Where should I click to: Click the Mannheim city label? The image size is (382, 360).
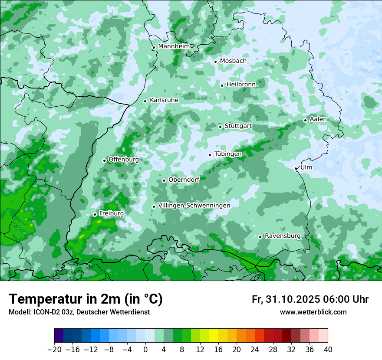click(173, 46)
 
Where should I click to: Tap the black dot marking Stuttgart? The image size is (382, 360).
click(220, 127)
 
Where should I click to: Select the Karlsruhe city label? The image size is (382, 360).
click(164, 100)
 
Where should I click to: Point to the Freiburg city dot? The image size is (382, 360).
click(95, 214)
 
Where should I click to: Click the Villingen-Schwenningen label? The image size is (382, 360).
click(194, 206)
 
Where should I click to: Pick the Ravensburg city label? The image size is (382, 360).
click(282, 236)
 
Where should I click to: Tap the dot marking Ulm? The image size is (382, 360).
click(296, 168)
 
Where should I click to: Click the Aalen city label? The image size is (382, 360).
click(318, 119)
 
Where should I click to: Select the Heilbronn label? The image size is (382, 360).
click(241, 84)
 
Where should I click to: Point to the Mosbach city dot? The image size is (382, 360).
click(215, 62)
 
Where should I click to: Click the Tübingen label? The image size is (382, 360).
click(228, 154)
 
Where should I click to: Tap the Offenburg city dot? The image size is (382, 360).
click(104, 160)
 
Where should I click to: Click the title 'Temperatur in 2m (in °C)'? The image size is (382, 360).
click(86, 299)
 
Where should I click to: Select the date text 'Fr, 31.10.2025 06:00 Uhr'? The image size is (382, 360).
click(310, 299)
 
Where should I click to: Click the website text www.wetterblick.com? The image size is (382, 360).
click(313, 312)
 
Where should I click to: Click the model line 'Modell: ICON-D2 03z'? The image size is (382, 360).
click(79, 312)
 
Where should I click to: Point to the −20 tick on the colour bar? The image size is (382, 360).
click(55, 350)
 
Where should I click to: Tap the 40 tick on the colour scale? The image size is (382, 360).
click(328, 350)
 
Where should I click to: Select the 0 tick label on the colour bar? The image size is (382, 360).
click(145, 350)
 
